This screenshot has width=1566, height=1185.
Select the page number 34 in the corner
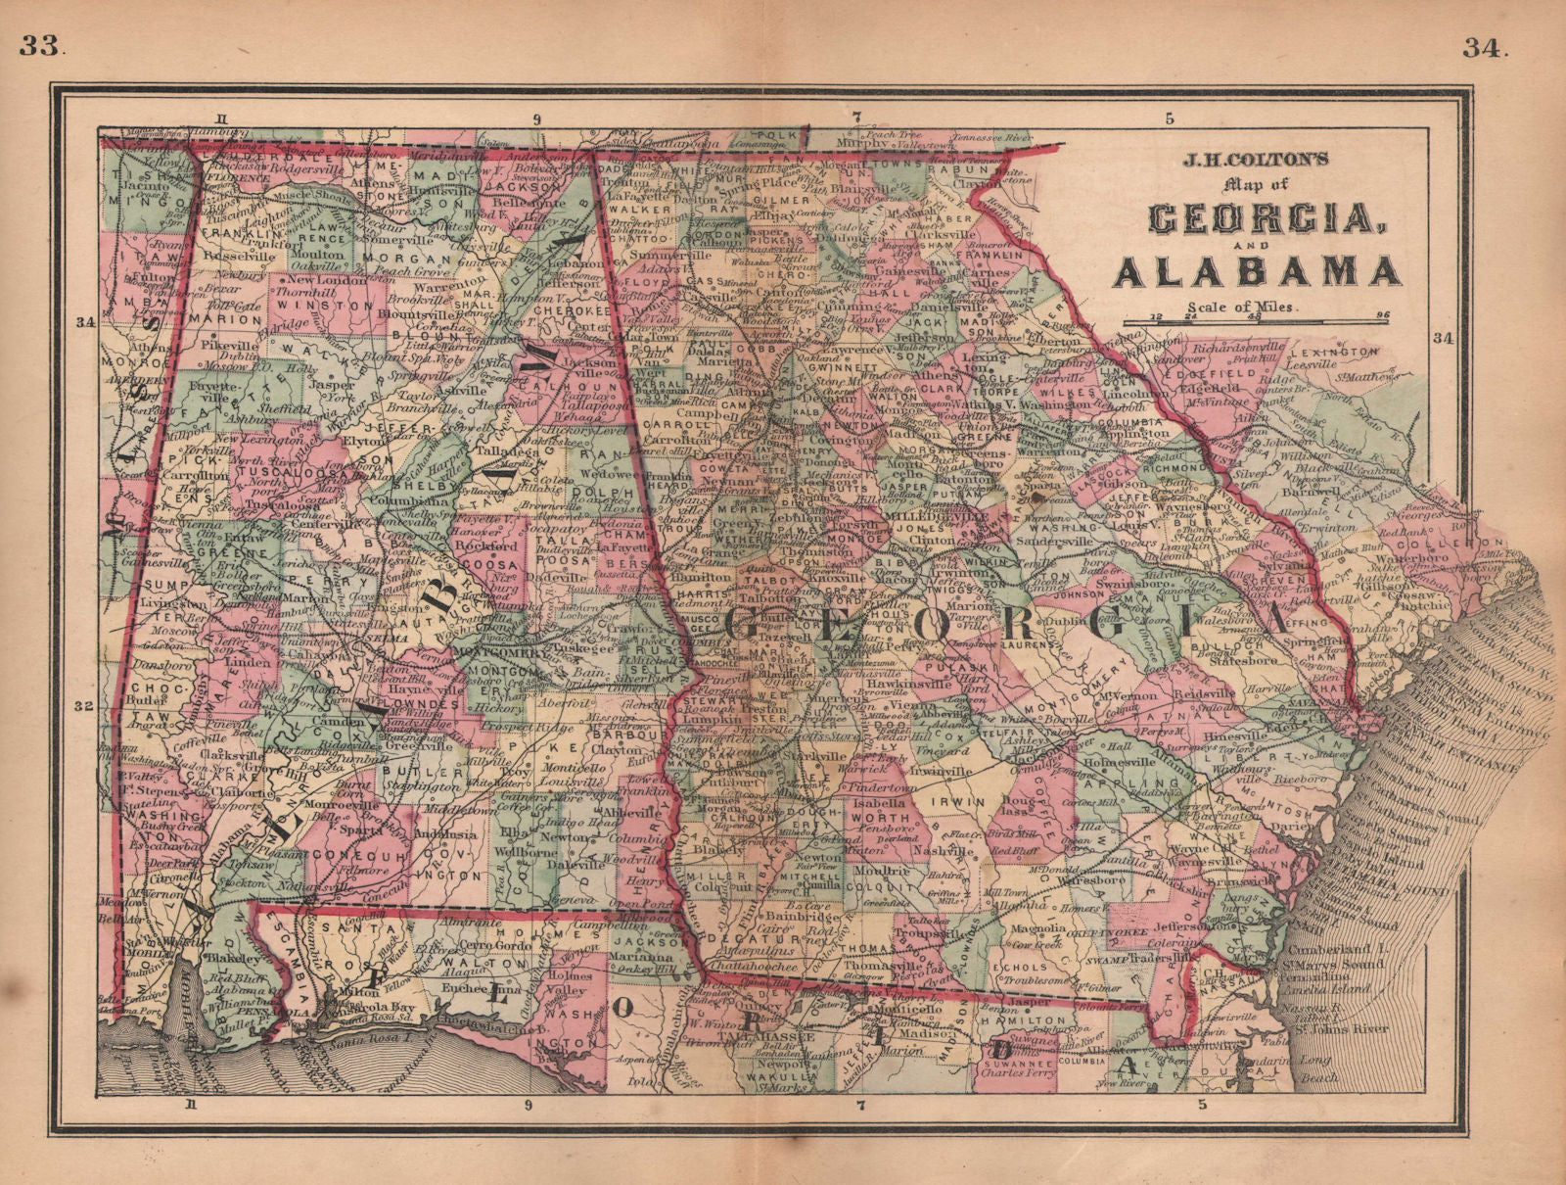[1488, 45]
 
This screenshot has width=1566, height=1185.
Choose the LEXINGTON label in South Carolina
[1333, 351]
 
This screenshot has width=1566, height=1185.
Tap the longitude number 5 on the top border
[1169, 119]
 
